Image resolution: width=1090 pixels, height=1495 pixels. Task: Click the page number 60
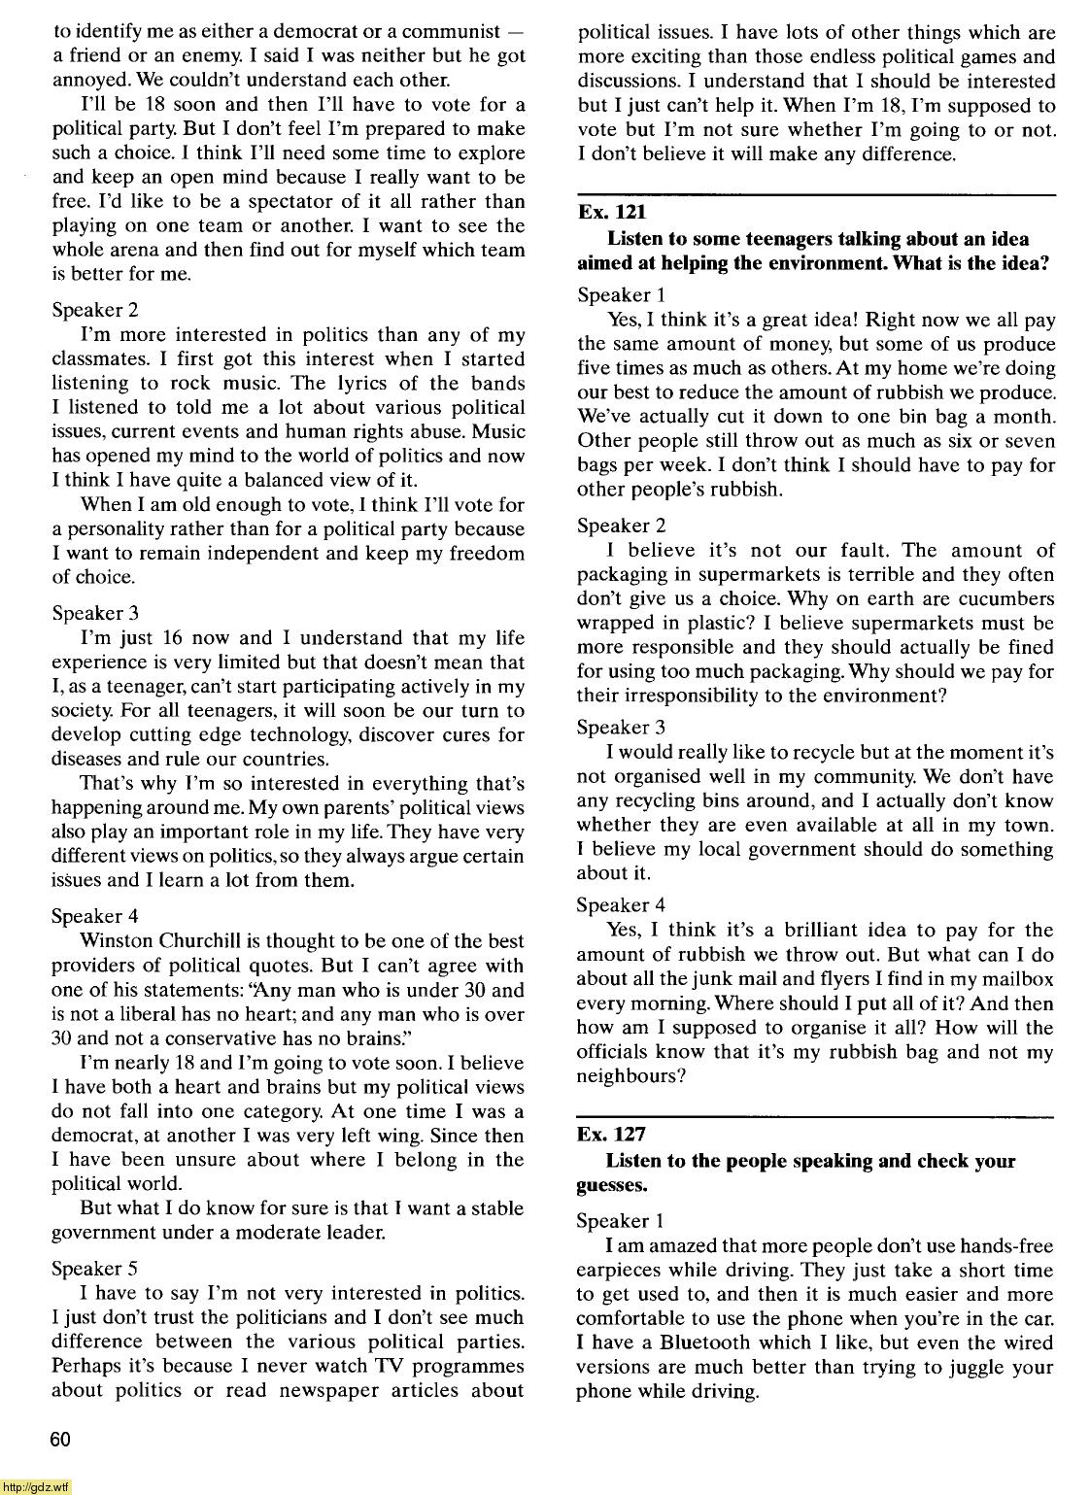click(60, 1441)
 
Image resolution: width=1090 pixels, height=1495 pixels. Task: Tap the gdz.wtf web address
click(36, 1486)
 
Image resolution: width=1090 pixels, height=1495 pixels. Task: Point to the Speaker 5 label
click(94, 1269)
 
